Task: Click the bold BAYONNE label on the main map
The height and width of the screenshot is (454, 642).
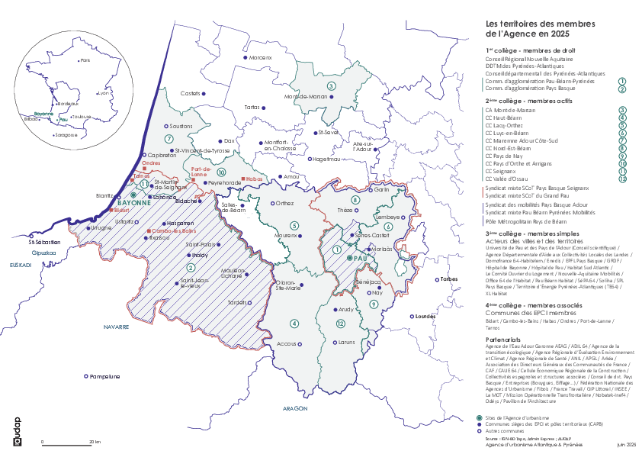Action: click(135, 204)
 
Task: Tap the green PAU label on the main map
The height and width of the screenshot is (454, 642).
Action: click(361, 259)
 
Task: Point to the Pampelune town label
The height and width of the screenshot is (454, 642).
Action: click(104, 376)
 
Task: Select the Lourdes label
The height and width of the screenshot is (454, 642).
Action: click(425, 315)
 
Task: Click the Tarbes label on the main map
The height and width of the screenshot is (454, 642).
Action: click(450, 279)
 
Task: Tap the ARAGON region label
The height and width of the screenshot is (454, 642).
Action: click(294, 409)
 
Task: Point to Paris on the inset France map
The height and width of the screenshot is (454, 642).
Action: click(85, 60)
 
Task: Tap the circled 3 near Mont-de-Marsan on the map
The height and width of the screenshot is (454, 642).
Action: click(331, 86)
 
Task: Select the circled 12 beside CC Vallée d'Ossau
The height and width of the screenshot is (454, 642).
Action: click(622, 179)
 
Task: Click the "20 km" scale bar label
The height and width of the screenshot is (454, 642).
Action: click(95, 442)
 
